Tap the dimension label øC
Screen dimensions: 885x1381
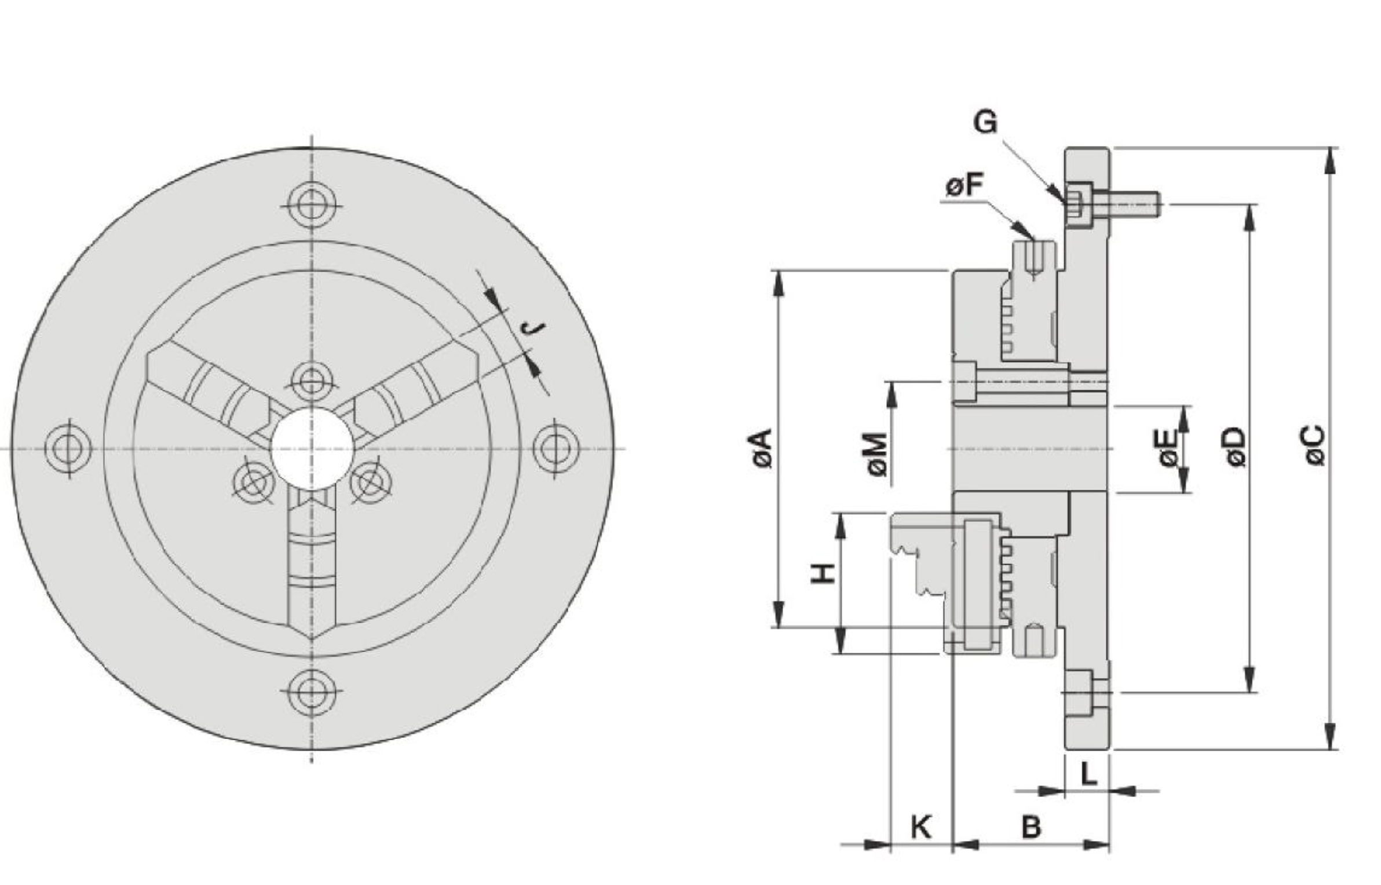tap(1314, 445)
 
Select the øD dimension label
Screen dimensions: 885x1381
tap(1236, 447)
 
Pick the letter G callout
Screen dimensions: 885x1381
tap(985, 123)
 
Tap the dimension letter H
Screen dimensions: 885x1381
tap(822, 573)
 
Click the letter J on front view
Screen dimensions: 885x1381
tap(534, 328)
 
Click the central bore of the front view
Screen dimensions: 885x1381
tap(312, 448)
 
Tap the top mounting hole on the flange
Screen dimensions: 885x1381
tap(312, 206)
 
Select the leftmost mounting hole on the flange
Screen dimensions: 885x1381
tap(68, 448)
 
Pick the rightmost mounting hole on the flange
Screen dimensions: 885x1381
tap(556, 448)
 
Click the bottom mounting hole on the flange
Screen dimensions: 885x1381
tap(312, 690)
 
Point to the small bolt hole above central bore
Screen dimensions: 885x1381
tap(312, 381)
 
